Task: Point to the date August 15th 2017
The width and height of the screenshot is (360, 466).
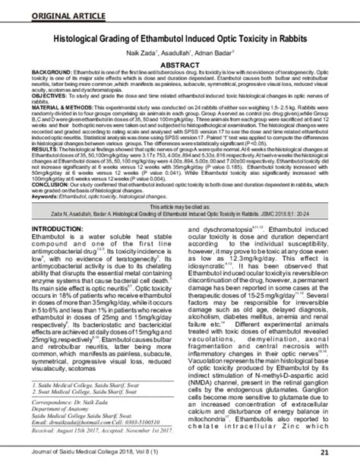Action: click(x=71, y=430)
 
